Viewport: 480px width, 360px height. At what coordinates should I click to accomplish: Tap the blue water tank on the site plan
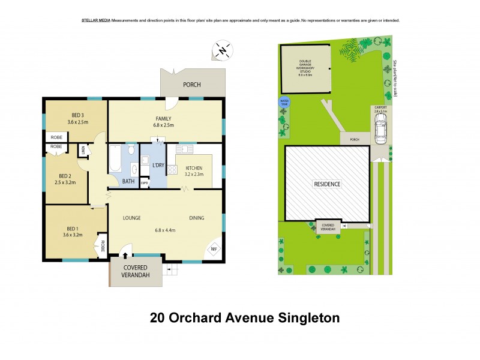[x=283, y=103]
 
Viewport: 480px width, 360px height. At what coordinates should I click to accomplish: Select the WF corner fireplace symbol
[x=214, y=250]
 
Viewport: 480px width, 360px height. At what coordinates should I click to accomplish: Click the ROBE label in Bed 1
[x=103, y=246]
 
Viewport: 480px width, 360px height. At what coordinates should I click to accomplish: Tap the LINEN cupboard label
[x=83, y=151]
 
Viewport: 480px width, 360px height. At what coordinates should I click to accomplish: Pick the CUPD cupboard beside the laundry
[x=144, y=183]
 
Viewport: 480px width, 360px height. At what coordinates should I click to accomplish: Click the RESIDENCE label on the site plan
[x=327, y=184]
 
